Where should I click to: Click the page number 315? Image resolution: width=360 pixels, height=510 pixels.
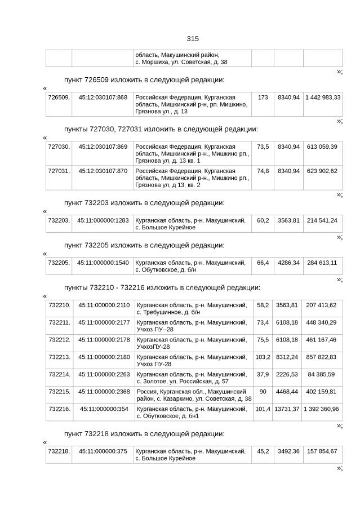[192, 39]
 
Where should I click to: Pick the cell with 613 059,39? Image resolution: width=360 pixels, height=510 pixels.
[322, 147]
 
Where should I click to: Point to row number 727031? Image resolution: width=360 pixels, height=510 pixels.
[59, 171]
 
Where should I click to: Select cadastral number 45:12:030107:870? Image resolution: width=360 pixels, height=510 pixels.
[103, 171]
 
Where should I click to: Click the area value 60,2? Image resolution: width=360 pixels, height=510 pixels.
[263, 220]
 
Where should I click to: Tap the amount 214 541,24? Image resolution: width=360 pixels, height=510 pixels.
[322, 220]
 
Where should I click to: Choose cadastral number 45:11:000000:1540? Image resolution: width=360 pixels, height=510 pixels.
[103, 263]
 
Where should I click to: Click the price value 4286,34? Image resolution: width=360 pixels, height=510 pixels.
[288, 263]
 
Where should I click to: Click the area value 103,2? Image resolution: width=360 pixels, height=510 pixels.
[263, 357]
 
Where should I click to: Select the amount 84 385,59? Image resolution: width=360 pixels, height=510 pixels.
[322, 374]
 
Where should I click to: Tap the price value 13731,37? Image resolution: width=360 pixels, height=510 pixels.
[287, 409]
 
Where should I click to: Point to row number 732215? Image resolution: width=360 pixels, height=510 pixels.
[59, 392]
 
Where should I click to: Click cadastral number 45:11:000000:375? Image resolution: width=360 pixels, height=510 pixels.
[103, 451]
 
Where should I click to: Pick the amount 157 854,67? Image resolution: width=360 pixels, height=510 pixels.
[322, 451]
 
